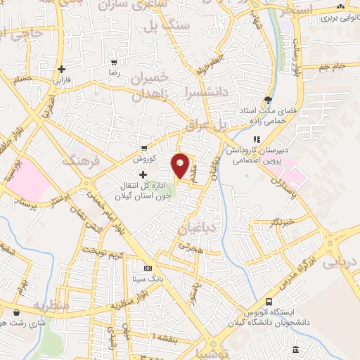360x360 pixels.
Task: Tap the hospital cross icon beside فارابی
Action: [x=63, y=69]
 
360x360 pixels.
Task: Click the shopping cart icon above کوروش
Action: [x=143, y=148]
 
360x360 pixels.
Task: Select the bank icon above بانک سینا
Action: [x=147, y=268]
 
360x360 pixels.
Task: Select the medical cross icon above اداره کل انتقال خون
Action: [x=143, y=174]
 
